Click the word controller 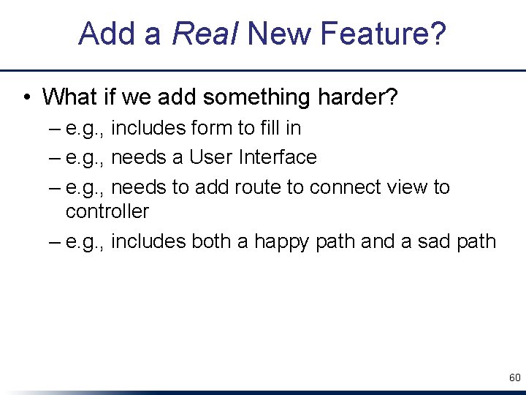coord(107,211)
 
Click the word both coord(212,241)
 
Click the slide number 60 coord(514,378)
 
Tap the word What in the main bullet coord(69,97)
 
